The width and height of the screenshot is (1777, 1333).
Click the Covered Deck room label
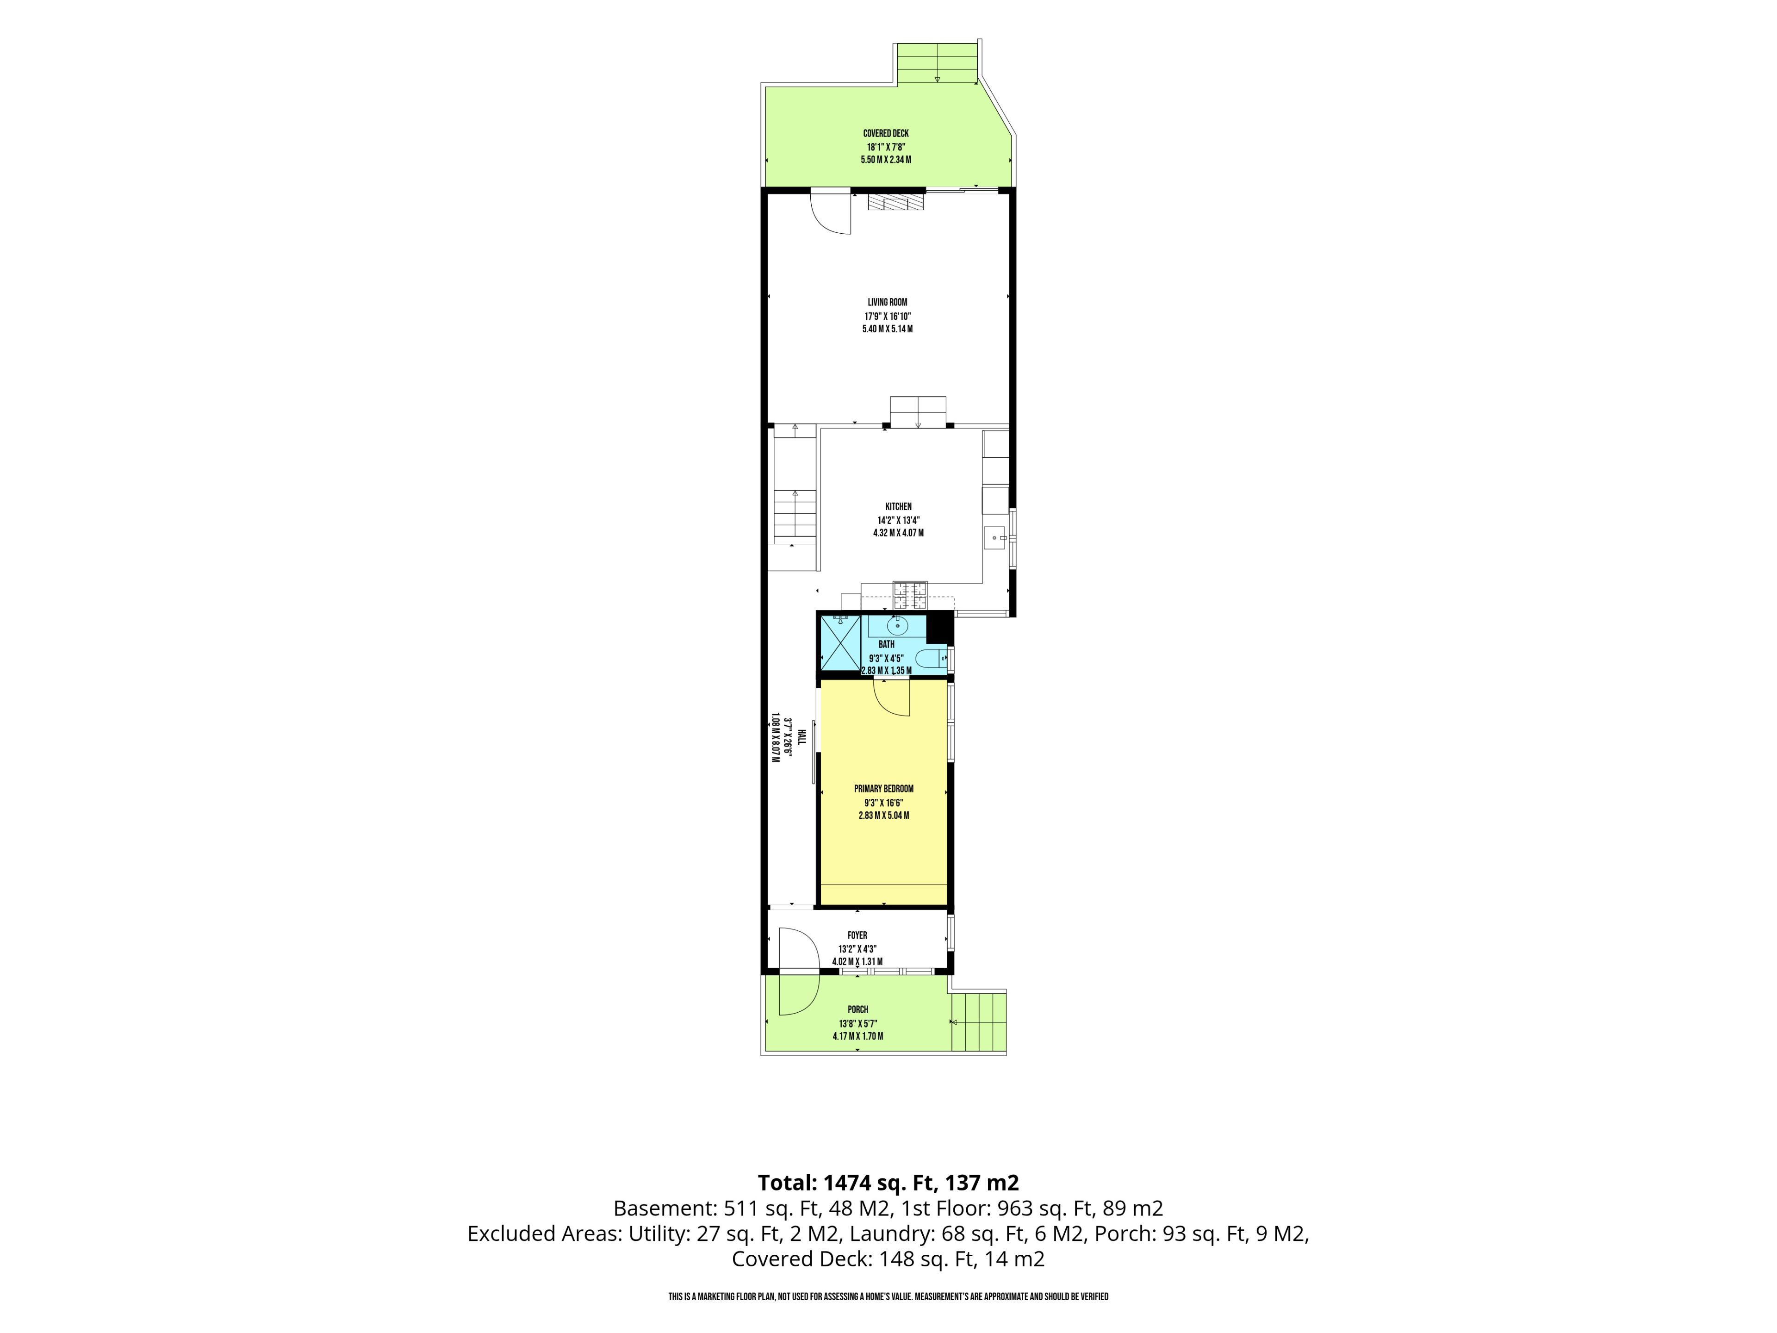[x=886, y=133]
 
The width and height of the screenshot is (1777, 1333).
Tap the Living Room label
[x=888, y=302]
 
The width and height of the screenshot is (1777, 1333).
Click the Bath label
[x=886, y=644]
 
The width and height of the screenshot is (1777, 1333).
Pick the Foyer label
[x=857, y=935]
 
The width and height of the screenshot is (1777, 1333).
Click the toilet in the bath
[x=932, y=660]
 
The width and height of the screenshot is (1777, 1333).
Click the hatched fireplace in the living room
[x=896, y=202]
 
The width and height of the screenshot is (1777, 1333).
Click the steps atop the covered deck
[x=938, y=63]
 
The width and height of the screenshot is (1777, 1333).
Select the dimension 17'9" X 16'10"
[x=888, y=316]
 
